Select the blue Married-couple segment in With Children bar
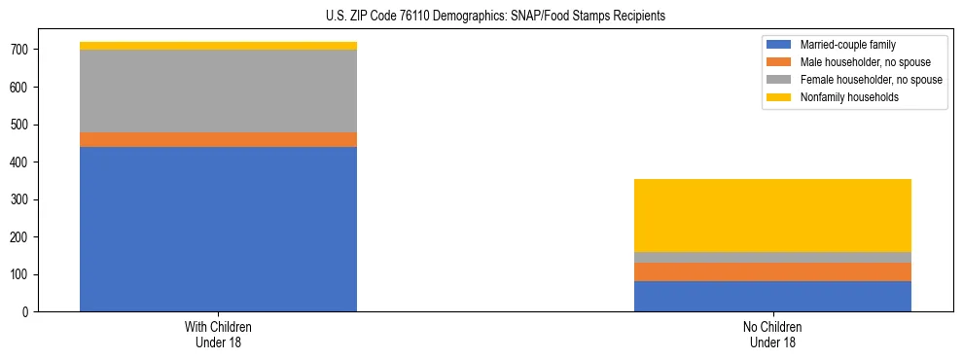pyautogui.click(x=218, y=229)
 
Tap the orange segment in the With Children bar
pyautogui.click(x=218, y=139)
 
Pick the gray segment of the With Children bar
pyautogui.click(x=218, y=90)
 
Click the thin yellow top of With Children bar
pyautogui.click(x=218, y=46)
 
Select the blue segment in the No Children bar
pyautogui.click(x=772, y=296)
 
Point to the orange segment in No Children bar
pyautogui.click(x=772, y=271)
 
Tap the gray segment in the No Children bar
pyautogui.click(x=772, y=257)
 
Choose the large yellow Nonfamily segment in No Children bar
pyautogui.click(x=772, y=215)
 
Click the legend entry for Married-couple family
pyautogui.click(x=847, y=45)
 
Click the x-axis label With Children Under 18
pyautogui.click(x=218, y=334)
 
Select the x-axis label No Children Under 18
pyautogui.click(x=772, y=334)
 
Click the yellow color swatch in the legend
pyautogui.click(x=779, y=97)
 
